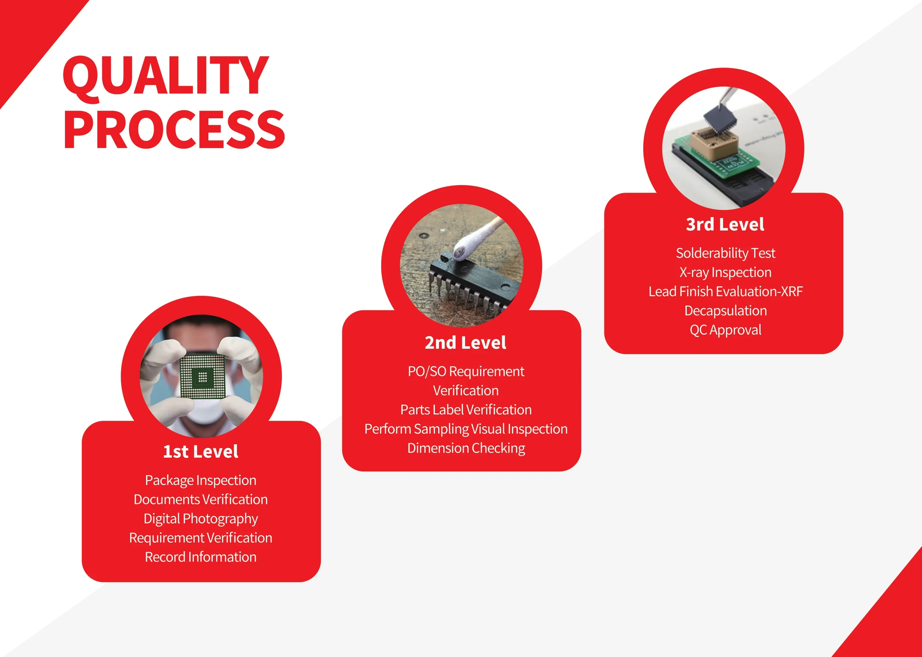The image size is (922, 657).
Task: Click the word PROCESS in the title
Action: pos(174,129)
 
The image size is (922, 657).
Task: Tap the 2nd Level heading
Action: pos(465,343)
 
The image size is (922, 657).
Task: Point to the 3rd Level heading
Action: pos(725,224)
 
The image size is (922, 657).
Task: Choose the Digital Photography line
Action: pos(201,519)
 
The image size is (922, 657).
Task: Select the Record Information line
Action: pos(201,557)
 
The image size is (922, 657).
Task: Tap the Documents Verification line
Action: pos(201,500)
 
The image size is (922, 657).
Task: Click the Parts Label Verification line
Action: pos(466,410)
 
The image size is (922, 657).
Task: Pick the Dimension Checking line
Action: pos(466,448)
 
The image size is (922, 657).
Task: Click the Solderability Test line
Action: pos(726,253)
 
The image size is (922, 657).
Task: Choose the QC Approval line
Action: pos(726,330)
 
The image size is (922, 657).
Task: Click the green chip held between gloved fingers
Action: pos(202,377)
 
